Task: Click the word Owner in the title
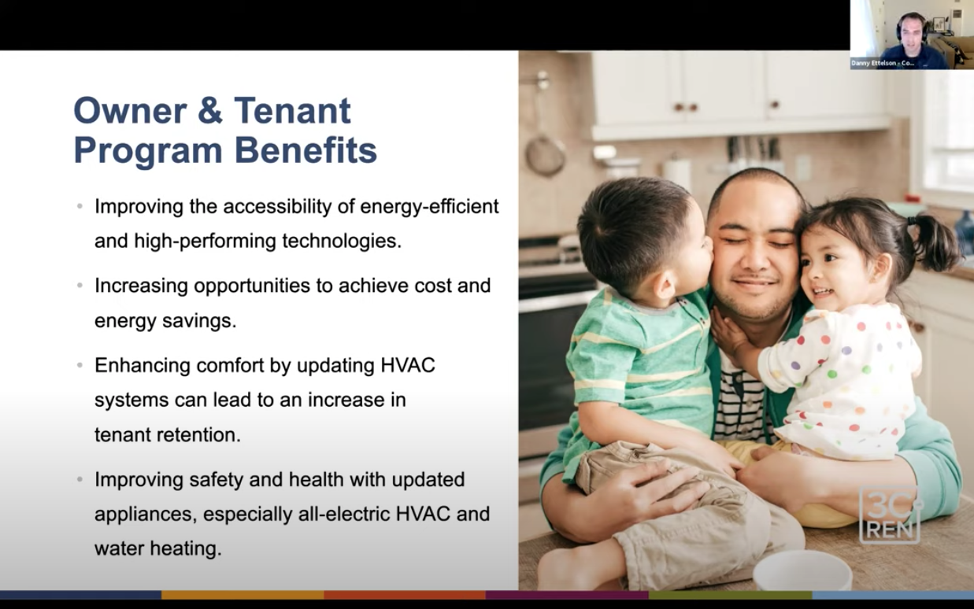(131, 111)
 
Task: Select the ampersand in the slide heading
(210, 111)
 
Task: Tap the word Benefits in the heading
(306, 150)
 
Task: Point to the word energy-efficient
(429, 207)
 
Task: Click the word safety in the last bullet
(215, 480)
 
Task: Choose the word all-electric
(344, 515)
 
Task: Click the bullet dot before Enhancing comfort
(80, 365)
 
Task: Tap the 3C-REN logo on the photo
(890, 515)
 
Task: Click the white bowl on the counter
(802, 571)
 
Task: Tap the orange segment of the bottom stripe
(243, 595)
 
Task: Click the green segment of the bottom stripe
(731, 595)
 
